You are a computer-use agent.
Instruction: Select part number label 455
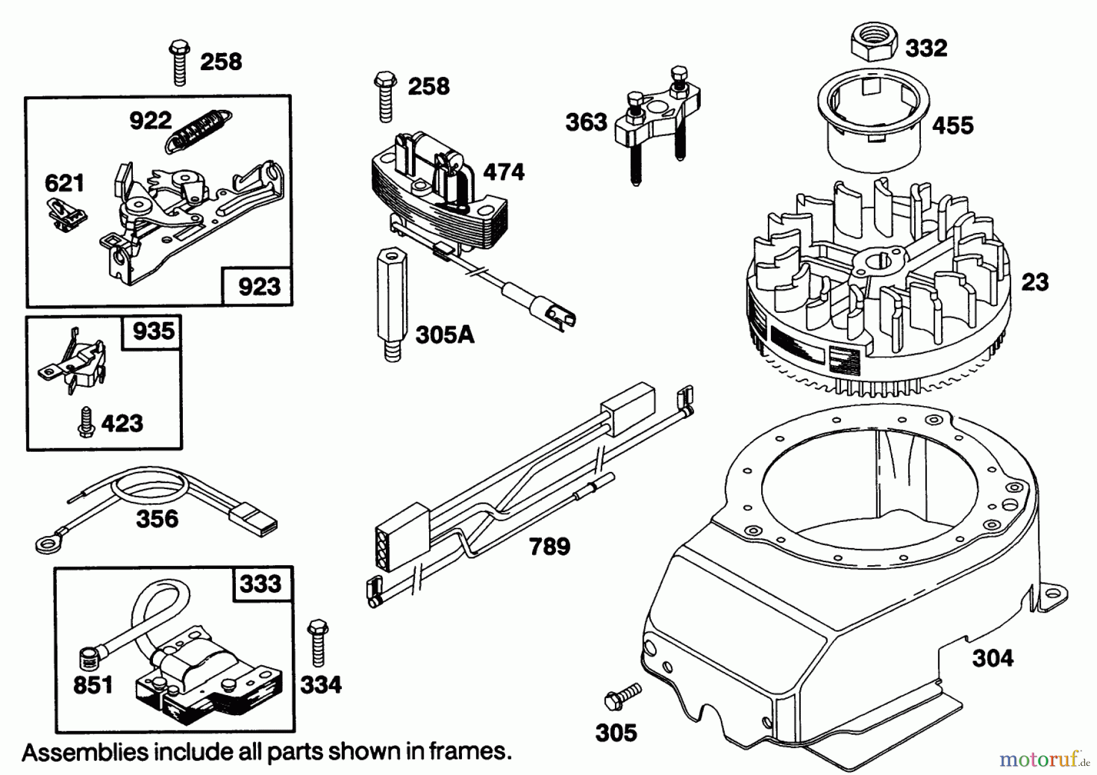[x=953, y=126]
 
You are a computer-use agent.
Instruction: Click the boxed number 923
[x=259, y=286]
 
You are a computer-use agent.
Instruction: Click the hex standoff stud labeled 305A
[x=392, y=304]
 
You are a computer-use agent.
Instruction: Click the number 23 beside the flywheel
[x=1034, y=282]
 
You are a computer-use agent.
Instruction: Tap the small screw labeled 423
[x=85, y=422]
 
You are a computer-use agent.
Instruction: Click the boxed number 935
[x=153, y=331]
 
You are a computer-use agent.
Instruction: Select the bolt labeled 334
[x=318, y=643]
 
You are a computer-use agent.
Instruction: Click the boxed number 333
[x=260, y=584]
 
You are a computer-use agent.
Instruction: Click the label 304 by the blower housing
[x=992, y=659]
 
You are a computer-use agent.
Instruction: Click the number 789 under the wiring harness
[x=549, y=546]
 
